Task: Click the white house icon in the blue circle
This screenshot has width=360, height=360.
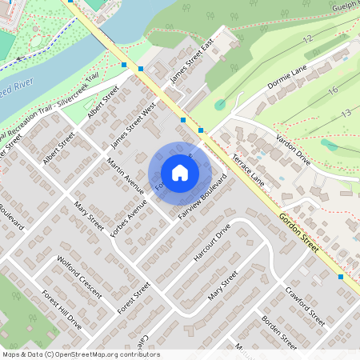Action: click(180, 173)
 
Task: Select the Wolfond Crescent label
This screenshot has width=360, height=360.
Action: click(80, 276)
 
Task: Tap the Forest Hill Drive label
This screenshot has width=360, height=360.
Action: click(62, 310)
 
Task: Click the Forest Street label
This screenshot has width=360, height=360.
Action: click(134, 298)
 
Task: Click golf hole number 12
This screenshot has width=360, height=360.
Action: click(306, 38)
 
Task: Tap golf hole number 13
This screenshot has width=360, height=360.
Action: click(346, 114)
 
